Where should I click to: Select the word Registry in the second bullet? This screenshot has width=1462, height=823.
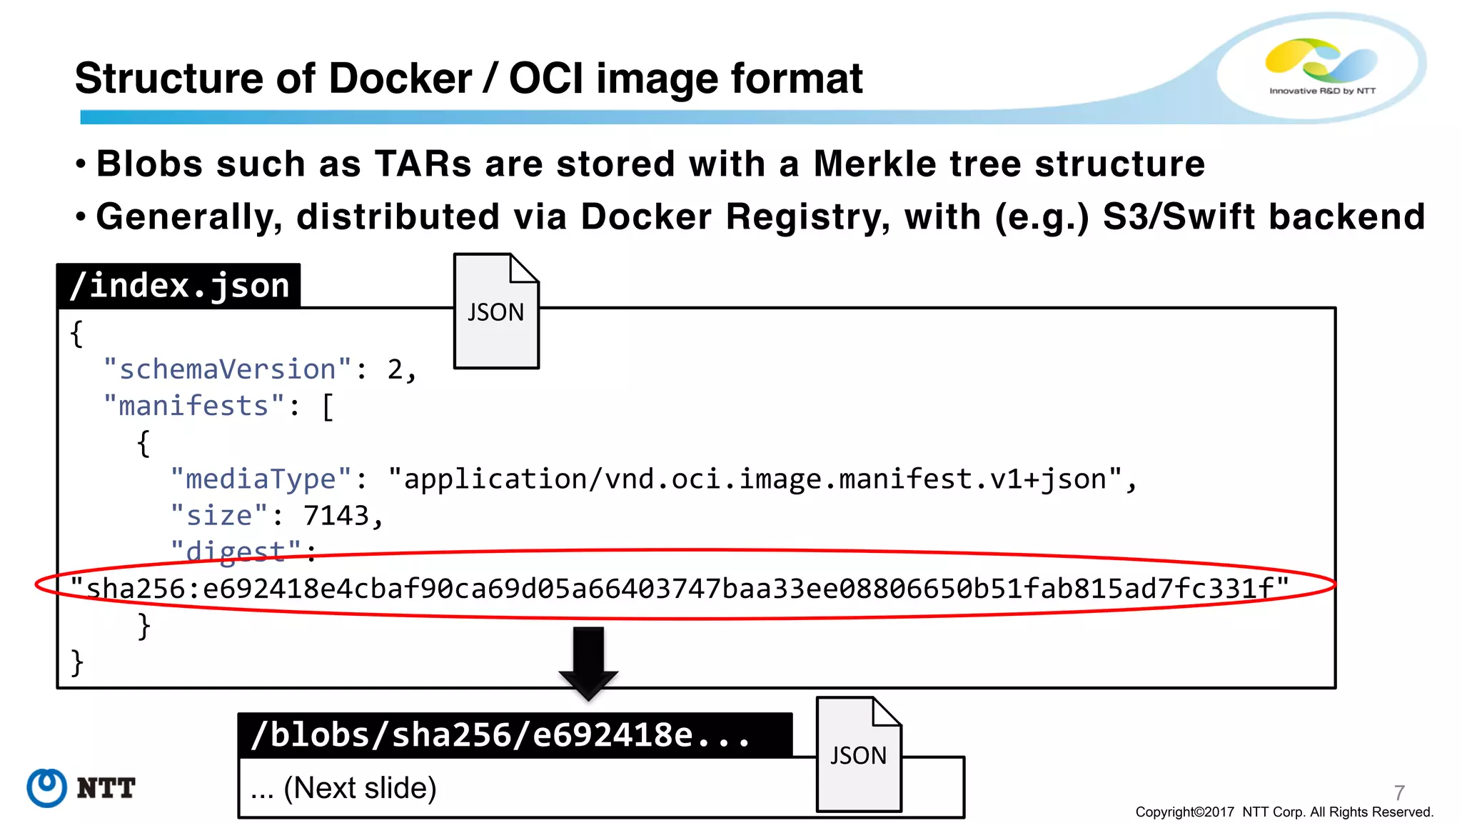(807, 216)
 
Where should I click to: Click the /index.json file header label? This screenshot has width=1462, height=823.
(178, 286)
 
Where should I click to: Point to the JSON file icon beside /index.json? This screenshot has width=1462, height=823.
(496, 311)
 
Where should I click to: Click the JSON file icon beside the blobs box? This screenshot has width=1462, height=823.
(859, 754)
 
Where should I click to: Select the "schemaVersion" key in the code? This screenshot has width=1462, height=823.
(227, 369)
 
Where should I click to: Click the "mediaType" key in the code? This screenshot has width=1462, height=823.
(261, 479)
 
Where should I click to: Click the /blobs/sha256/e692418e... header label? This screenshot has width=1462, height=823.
(500, 734)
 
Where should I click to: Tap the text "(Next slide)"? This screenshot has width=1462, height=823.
(360, 788)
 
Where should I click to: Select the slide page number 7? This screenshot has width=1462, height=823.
(1399, 792)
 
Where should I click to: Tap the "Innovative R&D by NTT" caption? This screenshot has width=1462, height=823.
(1322, 91)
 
